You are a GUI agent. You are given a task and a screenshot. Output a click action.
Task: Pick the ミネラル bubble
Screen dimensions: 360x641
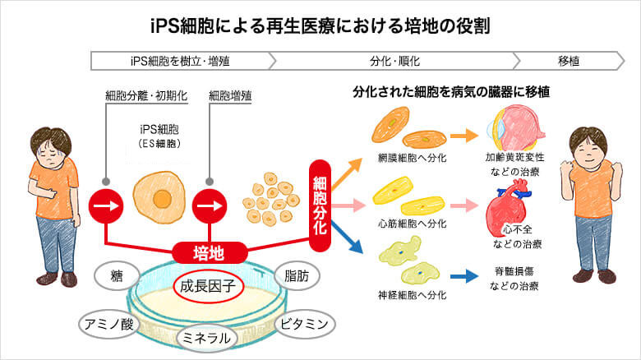point(208,338)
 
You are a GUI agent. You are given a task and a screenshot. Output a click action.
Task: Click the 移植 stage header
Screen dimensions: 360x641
point(568,61)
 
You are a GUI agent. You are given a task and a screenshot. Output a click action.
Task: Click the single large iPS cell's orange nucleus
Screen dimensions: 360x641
point(161,198)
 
